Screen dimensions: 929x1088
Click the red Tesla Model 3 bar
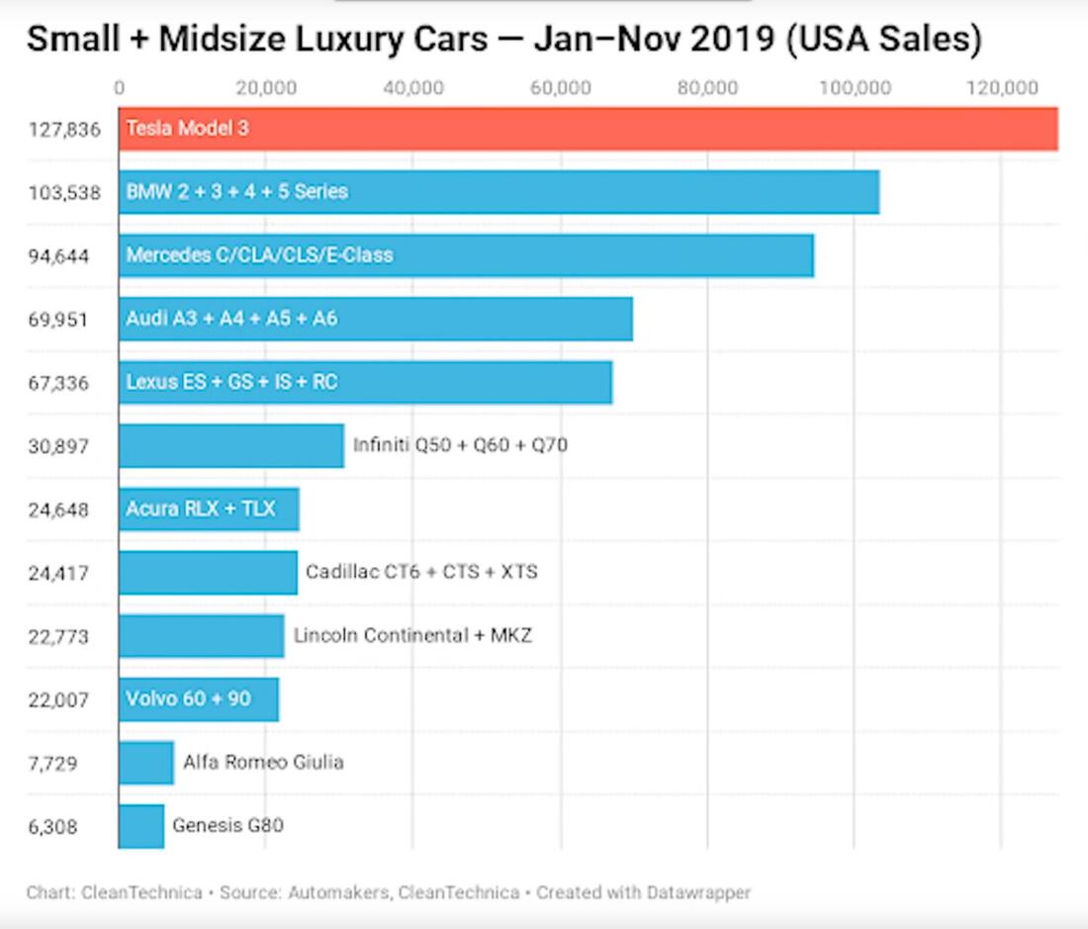tap(588, 129)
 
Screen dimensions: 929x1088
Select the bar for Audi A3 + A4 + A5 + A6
tap(375, 319)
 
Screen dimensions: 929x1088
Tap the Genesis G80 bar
tap(141, 825)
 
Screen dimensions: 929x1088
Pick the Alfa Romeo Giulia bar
tap(146, 762)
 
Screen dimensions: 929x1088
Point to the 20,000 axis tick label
tap(267, 87)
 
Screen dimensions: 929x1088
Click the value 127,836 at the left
tap(64, 130)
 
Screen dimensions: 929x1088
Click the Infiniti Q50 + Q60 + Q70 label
tap(460, 445)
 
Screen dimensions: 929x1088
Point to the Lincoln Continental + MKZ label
tap(412, 635)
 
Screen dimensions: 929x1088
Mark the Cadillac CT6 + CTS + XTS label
tap(421, 572)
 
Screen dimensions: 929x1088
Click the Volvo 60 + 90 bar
tap(198, 698)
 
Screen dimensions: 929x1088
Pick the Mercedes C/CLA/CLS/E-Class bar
tap(466, 255)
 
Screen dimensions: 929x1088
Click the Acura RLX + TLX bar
tap(209, 509)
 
